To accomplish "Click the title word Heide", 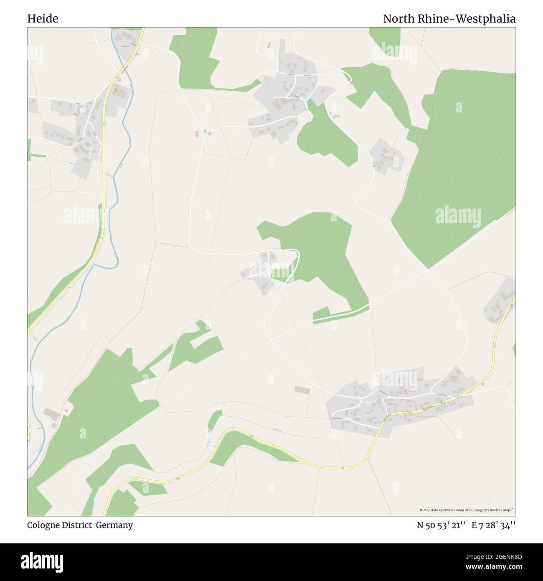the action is coord(43,19).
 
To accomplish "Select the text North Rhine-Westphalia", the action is coord(449,19).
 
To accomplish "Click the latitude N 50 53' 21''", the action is coord(441,525).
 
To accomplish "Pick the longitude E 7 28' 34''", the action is coord(493,525).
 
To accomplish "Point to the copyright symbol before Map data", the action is coord(421,510).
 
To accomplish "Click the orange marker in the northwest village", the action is coord(116,89).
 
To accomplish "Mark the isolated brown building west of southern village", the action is coord(303,390).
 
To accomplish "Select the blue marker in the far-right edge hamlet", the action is coord(512,306).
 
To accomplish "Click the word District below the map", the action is coord(79,525).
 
